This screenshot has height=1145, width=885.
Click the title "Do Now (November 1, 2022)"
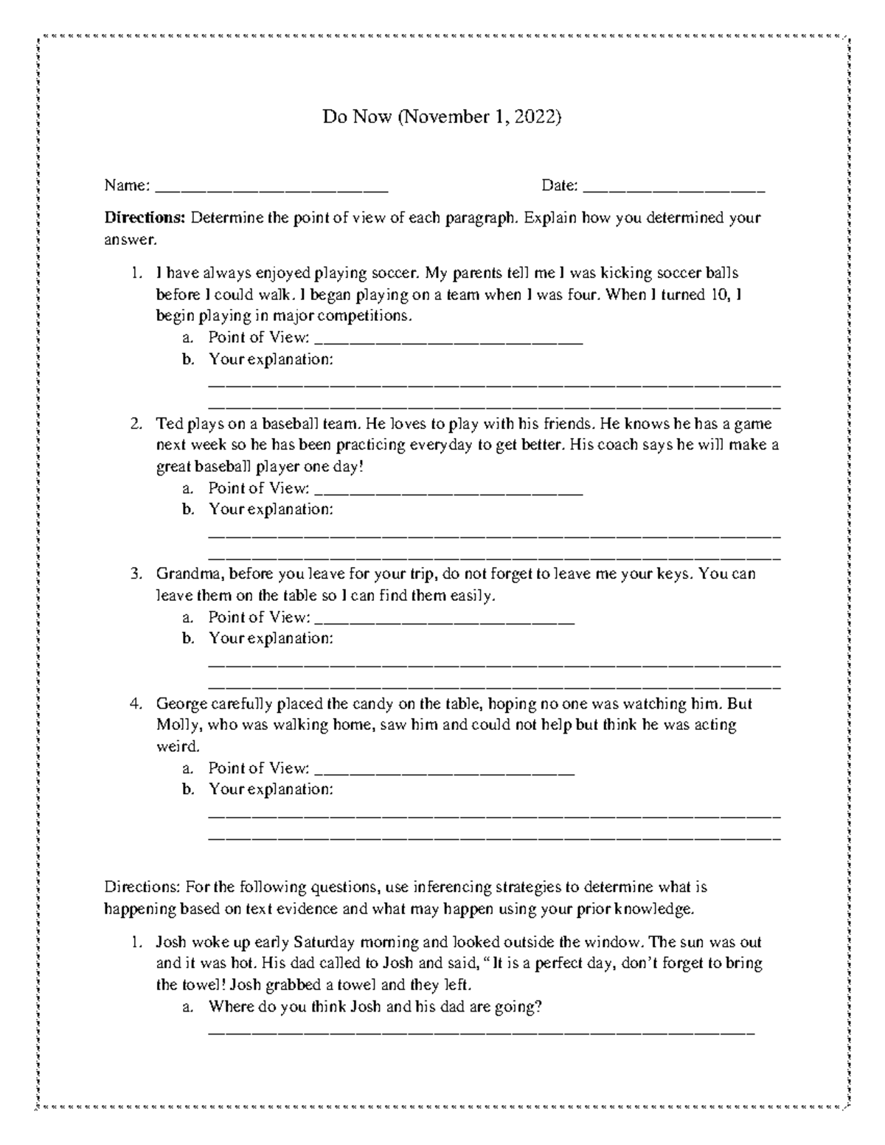[442, 116]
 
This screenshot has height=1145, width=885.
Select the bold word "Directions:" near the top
[145, 218]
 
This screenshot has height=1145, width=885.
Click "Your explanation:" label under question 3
[271, 638]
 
